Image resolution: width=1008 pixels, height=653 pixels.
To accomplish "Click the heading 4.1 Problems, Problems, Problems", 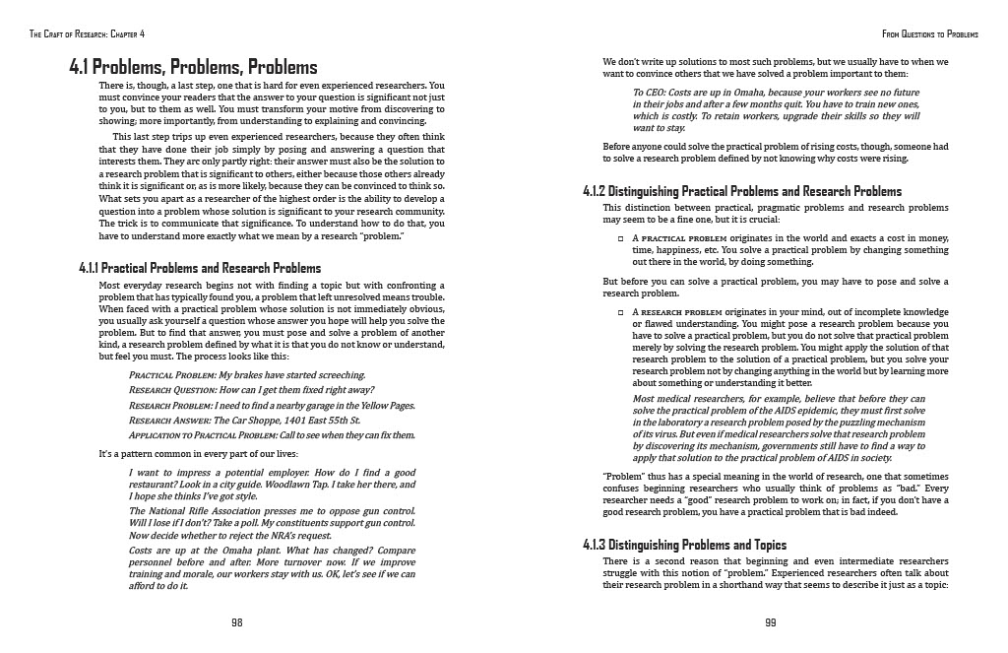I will pos(193,68).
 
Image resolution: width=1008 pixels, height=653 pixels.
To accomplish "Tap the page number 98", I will pos(236,622).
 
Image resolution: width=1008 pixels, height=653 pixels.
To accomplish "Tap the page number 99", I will pos(770,622).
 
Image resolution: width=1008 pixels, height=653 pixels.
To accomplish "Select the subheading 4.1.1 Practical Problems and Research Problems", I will pos(200,268).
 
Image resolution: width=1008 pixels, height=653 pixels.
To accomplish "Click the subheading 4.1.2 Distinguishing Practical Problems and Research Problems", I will pos(742,191).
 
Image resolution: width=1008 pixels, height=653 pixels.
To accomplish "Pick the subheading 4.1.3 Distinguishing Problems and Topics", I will pos(685,545).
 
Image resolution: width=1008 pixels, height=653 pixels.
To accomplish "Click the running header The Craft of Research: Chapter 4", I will pos(88,33).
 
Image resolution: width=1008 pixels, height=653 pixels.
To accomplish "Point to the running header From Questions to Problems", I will pos(931,33).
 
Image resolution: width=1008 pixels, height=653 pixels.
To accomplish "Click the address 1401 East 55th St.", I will pos(320,420).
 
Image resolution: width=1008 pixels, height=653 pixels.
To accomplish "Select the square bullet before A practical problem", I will pos(620,239).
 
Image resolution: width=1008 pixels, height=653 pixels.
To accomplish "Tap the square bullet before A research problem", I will pos(620,312).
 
